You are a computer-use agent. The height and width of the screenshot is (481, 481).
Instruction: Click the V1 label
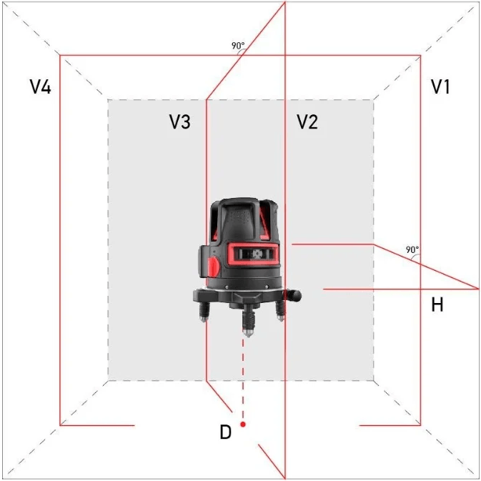(x=440, y=87)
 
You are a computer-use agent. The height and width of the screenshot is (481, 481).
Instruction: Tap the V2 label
(x=307, y=122)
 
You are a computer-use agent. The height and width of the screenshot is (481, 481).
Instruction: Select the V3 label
(x=179, y=122)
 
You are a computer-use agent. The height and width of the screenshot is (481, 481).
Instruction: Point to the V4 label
(x=40, y=87)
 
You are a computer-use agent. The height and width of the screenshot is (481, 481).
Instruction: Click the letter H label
(x=437, y=306)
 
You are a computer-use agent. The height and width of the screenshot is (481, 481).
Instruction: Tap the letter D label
(x=225, y=432)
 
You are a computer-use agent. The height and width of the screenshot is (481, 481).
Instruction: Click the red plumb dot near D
(x=244, y=425)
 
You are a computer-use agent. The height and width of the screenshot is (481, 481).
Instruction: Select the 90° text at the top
(x=238, y=46)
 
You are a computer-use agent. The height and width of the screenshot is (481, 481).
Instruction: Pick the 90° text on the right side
(x=412, y=250)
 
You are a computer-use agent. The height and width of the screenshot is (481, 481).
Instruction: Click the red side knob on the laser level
(x=213, y=266)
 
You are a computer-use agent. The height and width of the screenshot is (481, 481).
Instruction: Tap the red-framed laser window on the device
(x=254, y=254)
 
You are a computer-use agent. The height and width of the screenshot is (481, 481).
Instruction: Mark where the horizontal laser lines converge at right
(x=477, y=289)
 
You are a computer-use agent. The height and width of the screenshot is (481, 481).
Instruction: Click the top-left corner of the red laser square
(x=59, y=55)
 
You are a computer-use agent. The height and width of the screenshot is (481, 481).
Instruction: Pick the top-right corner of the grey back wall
(x=374, y=99)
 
